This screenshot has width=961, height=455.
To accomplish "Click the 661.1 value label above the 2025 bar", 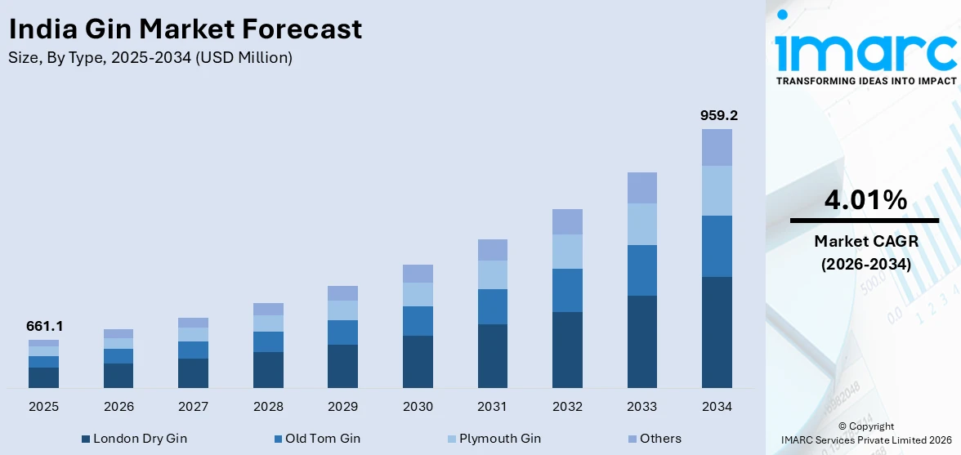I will coord(44,326).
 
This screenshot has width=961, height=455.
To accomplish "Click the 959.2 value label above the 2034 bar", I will coord(718,116).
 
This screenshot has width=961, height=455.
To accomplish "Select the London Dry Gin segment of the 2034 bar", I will coord(717,332).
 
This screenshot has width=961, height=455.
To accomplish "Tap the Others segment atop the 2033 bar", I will coord(641,188).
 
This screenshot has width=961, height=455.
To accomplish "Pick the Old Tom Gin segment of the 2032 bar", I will coord(567,290).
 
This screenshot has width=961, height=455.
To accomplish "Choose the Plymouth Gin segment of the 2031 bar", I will coord(492,274).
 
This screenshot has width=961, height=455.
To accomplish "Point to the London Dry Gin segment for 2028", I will coord(268,369).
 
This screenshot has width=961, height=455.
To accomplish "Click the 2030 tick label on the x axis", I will coord(418,406).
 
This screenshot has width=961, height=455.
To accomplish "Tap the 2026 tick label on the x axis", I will coord(118,406).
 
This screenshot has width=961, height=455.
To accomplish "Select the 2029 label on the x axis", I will coord(342,406).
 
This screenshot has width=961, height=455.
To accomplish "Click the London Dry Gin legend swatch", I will coord(86,439).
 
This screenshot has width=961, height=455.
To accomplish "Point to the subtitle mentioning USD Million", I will coord(150,58).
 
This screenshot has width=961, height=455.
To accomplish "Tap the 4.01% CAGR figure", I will coord(864,200).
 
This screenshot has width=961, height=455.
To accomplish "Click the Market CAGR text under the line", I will coord(864,241).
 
